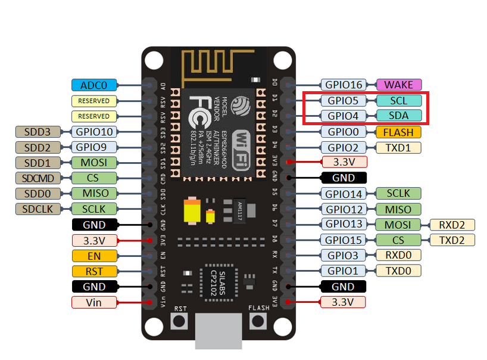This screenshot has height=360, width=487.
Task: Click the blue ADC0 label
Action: [94, 85]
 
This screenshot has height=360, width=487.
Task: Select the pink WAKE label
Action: [398, 85]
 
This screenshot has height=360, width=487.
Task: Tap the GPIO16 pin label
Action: [343, 85]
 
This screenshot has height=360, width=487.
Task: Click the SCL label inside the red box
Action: [398, 101]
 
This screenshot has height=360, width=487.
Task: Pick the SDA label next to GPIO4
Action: [398, 116]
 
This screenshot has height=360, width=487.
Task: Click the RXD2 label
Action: [452, 225]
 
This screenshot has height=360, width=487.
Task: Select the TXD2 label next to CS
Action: [452, 240]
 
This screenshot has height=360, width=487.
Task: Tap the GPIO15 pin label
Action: [343, 240]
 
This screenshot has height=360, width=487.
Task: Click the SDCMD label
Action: [38, 178]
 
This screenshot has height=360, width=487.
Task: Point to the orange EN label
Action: [94, 256]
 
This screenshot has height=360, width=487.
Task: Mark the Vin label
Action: [94, 302]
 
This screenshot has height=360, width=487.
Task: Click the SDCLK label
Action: [38, 209]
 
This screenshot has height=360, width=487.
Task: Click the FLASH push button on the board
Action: [258, 321]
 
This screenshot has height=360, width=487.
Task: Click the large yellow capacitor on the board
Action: [192, 212]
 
